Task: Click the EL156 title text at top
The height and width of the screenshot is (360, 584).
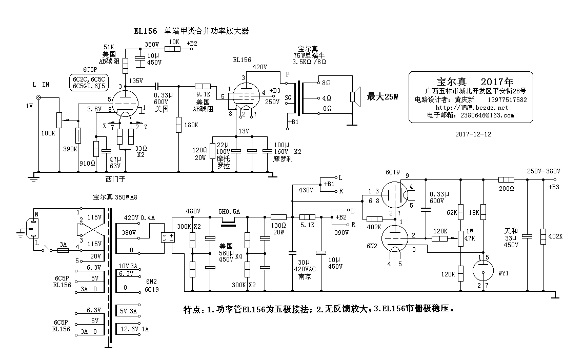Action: click(x=145, y=31)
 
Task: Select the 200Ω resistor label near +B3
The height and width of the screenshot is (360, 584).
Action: click(x=506, y=189)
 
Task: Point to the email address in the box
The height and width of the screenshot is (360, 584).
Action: click(x=470, y=116)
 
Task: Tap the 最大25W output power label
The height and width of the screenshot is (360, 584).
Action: click(x=382, y=96)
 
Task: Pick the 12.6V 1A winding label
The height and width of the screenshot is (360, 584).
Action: click(x=134, y=329)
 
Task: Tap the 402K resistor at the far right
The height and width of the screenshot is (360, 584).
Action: click(x=543, y=236)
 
